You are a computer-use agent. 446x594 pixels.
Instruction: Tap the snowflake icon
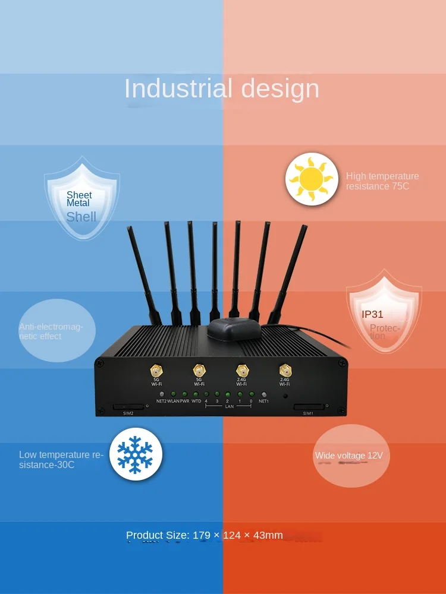click(x=136, y=454)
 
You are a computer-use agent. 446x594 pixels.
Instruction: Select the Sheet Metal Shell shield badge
click(x=82, y=198)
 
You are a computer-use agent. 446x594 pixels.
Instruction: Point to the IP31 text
click(x=373, y=314)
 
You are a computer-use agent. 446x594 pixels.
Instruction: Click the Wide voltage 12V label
click(x=349, y=456)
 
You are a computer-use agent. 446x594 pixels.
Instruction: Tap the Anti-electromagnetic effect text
click(x=51, y=331)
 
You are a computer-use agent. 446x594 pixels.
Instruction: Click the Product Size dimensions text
click(x=205, y=535)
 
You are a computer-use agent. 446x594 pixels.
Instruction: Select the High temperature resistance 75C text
click(x=382, y=181)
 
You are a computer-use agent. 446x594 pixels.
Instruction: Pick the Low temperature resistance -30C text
click(x=61, y=460)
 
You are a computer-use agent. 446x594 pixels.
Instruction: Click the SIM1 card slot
click(x=309, y=407)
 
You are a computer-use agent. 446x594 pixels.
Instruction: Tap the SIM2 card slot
click(x=128, y=407)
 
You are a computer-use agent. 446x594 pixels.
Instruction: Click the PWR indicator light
click(x=184, y=394)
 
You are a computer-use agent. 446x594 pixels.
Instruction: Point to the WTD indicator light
click(x=196, y=394)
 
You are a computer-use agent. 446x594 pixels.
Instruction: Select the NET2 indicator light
click(x=162, y=394)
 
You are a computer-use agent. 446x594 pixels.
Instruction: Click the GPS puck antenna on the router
click(x=234, y=327)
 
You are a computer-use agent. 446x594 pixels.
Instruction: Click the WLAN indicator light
click(x=173, y=394)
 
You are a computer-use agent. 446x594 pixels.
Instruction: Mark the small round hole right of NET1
click(x=285, y=396)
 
